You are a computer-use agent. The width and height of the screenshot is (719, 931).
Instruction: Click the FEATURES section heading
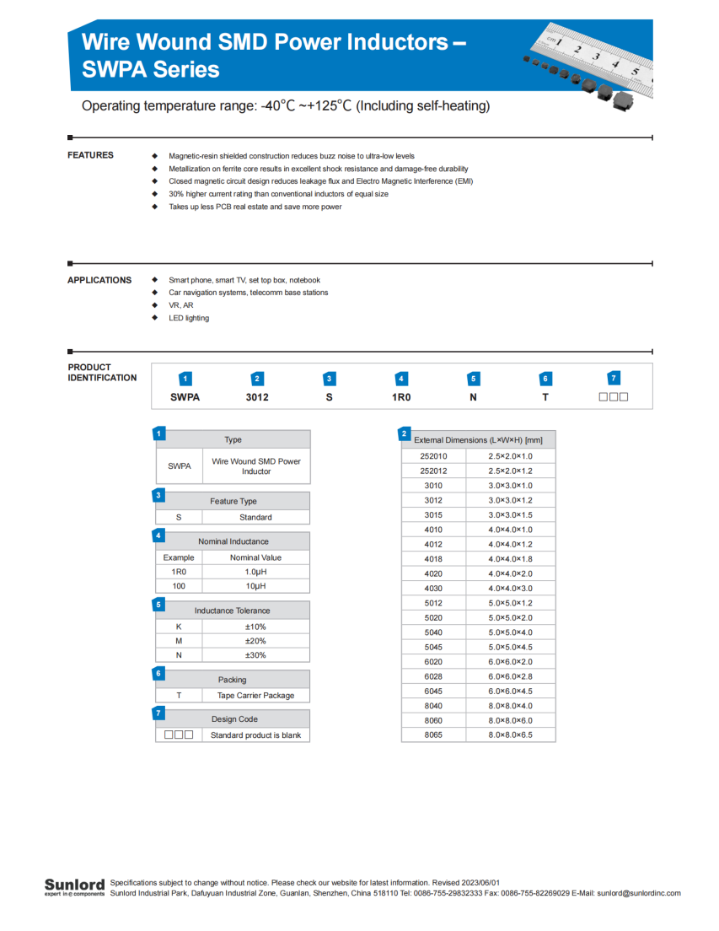[90, 155]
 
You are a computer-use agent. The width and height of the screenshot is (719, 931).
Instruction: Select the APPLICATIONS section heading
[99, 280]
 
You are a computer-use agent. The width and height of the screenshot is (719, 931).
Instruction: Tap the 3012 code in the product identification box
[257, 397]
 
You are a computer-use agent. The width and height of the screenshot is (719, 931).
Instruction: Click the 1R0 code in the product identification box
[401, 397]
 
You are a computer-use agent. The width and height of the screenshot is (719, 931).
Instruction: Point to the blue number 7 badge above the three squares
[614, 379]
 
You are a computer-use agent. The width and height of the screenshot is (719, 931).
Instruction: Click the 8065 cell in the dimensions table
[433, 735]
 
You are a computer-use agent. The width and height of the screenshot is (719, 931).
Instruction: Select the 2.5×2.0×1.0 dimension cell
[510, 455]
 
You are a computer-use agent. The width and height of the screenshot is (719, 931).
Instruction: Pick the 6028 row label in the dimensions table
[433, 676]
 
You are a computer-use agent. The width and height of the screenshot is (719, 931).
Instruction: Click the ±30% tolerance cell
[255, 655]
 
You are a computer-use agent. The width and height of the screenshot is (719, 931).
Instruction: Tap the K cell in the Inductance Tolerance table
[179, 627]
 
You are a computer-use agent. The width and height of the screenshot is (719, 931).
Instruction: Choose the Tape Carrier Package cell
[255, 696]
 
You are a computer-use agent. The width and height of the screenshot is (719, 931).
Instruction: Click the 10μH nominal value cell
[255, 585]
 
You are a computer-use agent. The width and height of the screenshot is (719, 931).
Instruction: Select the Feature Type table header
[233, 501]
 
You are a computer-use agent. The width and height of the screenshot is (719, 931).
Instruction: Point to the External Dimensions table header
[478, 439]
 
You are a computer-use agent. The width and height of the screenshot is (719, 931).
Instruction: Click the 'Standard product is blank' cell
[255, 735]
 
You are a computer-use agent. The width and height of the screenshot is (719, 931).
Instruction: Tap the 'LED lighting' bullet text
[189, 318]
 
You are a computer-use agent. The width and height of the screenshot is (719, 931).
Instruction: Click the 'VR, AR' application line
[181, 305]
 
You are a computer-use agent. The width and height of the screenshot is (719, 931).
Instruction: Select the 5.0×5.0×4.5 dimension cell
[510, 647]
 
